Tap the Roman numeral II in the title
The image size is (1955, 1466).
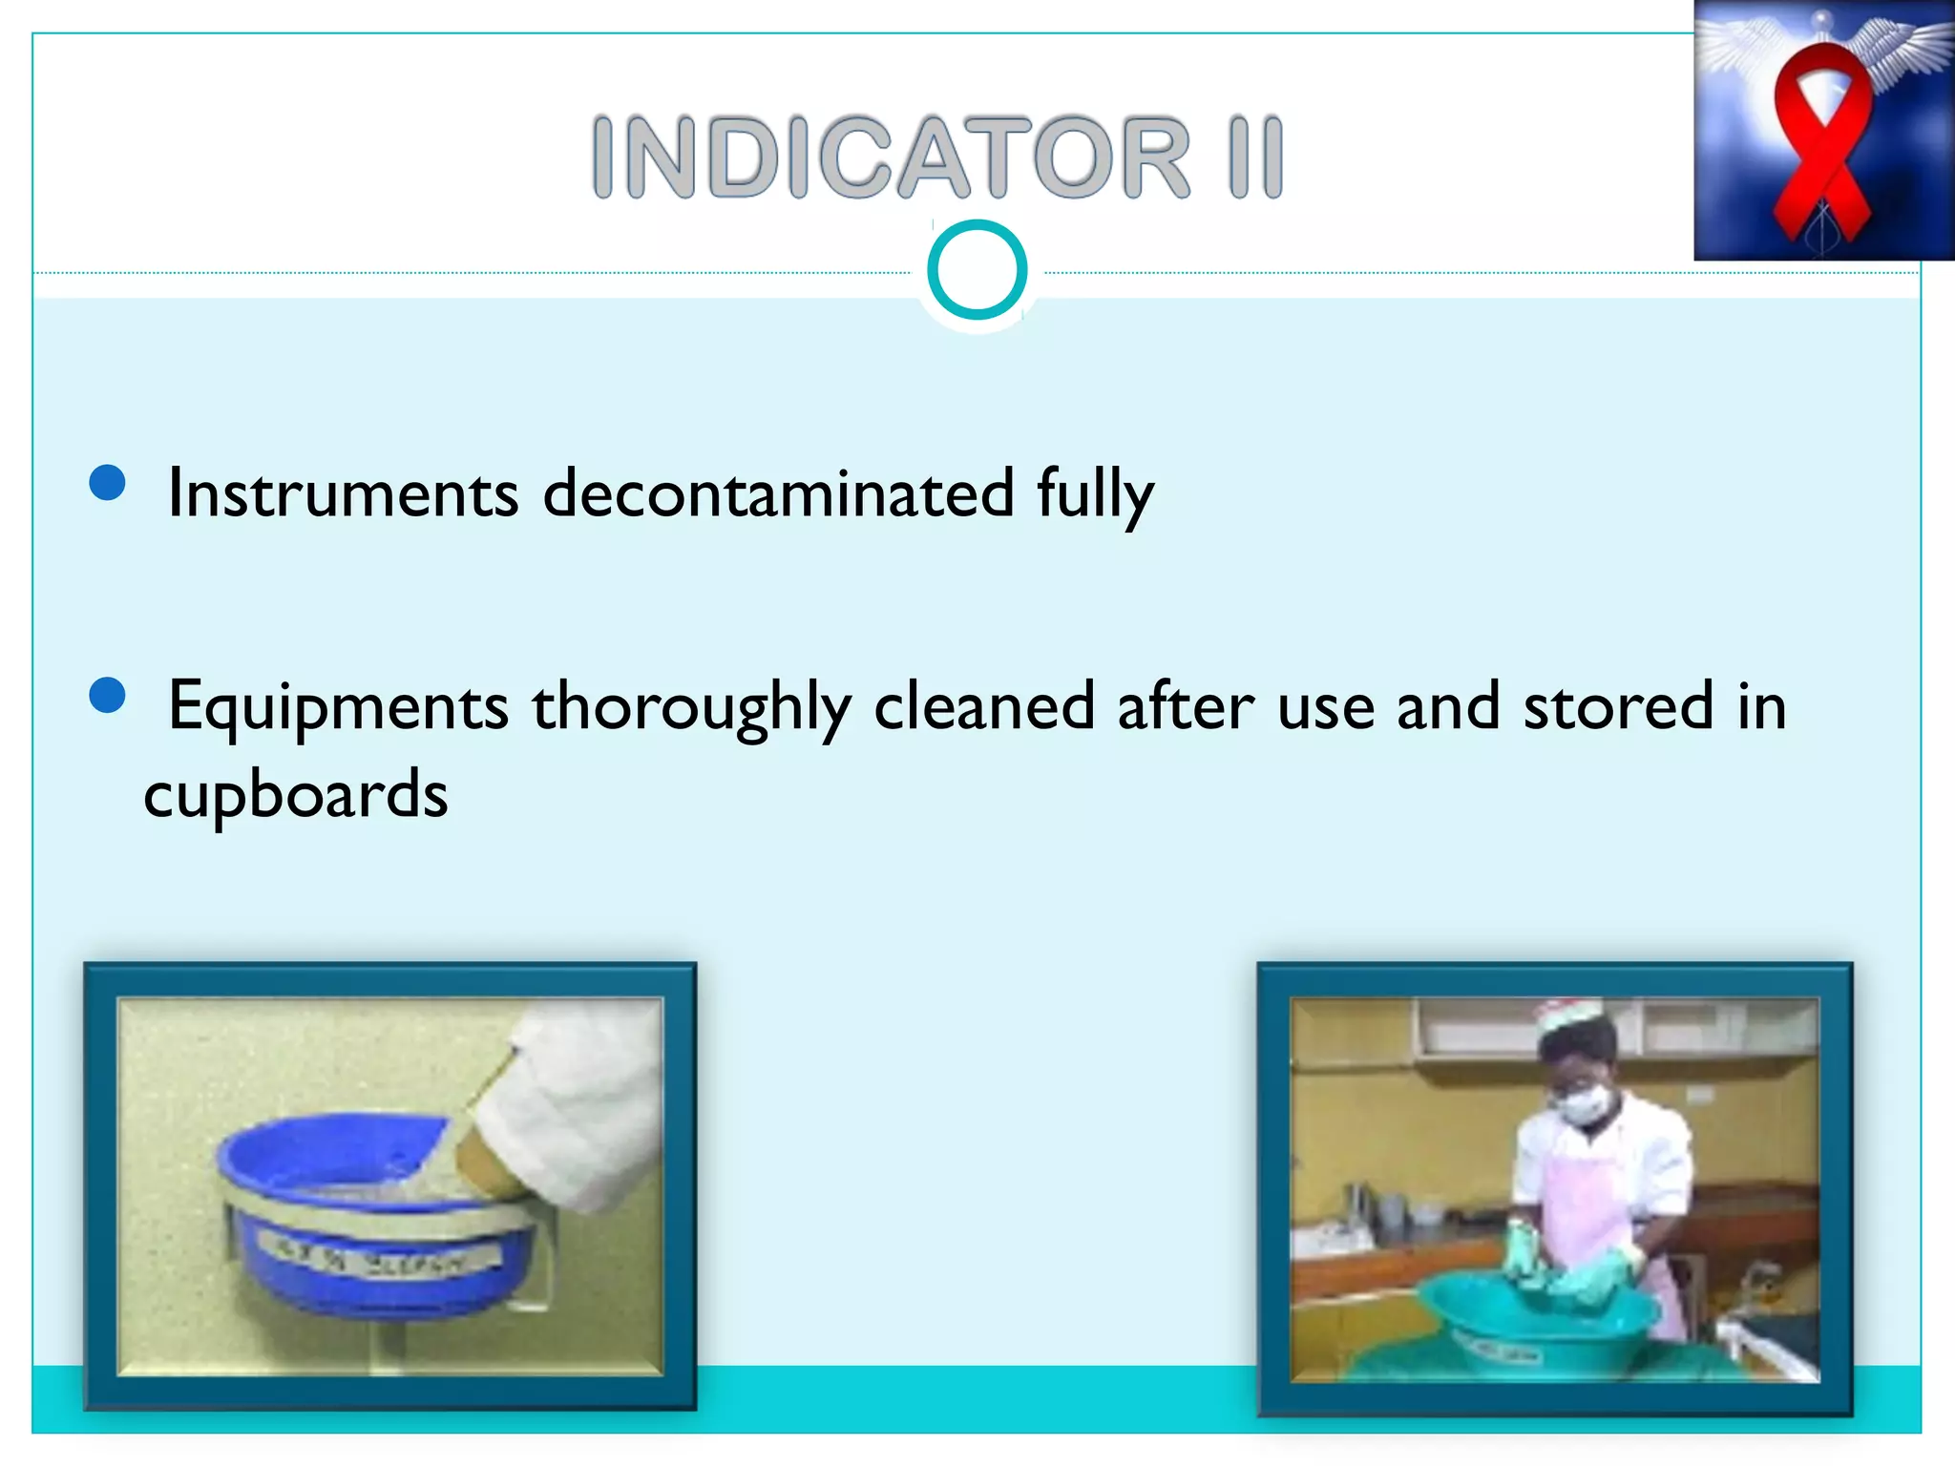click(x=1256, y=157)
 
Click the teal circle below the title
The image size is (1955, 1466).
click(x=977, y=270)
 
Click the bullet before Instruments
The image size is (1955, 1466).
click(x=107, y=483)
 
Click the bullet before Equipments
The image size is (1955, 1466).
click(x=107, y=696)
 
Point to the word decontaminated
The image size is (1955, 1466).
click(x=778, y=494)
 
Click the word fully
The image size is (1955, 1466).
click(x=1095, y=494)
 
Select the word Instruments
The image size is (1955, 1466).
click(x=343, y=494)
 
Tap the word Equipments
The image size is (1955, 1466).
click(x=338, y=707)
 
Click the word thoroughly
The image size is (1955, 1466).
click(x=691, y=707)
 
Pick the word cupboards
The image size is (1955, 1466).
click(x=296, y=795)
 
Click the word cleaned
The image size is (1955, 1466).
click(x=983, y=707)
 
